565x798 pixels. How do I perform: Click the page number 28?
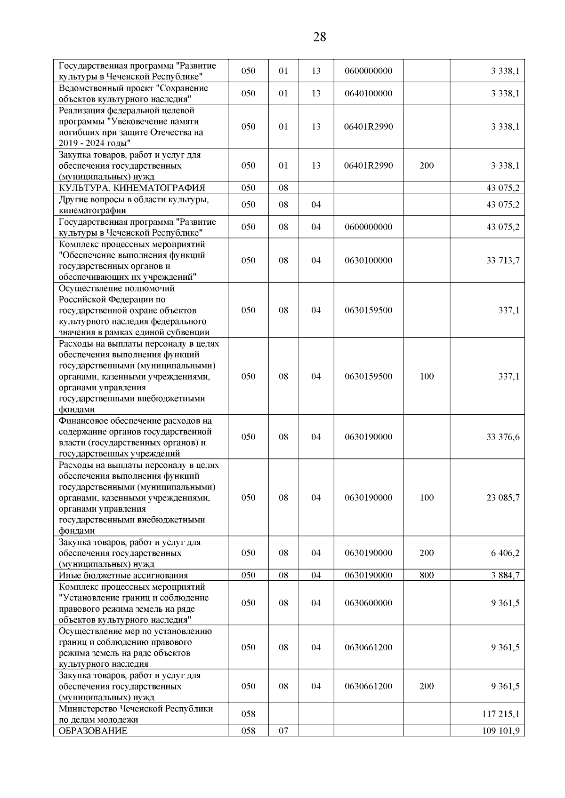(x=319, y=37)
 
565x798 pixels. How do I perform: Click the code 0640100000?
(x=368, y=94)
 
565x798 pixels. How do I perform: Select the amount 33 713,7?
(x=503, y=261)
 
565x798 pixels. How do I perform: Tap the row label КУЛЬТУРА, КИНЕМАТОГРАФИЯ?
(x=132, y=188)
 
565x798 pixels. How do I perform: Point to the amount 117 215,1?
(x=501, y=714)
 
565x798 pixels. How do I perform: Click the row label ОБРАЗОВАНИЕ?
(x=93, y=731)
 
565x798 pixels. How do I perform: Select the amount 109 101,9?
(x=500, y=731)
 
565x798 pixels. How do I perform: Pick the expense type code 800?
(x=427, y=575)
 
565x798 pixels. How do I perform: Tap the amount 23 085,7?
(x=503, y=498)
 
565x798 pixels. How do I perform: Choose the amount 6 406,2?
(x=505, y=553)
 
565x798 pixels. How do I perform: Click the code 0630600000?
(x=368, y=603)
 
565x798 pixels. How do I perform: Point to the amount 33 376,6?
(x=503, y=437)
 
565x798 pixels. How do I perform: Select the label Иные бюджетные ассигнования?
(x=123, y=575)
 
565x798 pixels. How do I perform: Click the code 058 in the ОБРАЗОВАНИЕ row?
(x=248, y=731)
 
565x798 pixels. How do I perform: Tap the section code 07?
(x=283, y=731)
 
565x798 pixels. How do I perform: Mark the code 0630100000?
(x=368, y=261)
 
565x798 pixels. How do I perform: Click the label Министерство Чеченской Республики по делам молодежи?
(x=136, y=714)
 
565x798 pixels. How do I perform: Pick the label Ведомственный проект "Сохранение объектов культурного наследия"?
(x=133, y=94)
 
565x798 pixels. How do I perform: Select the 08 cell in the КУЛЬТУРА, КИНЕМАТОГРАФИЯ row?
(x=283, y=188)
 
